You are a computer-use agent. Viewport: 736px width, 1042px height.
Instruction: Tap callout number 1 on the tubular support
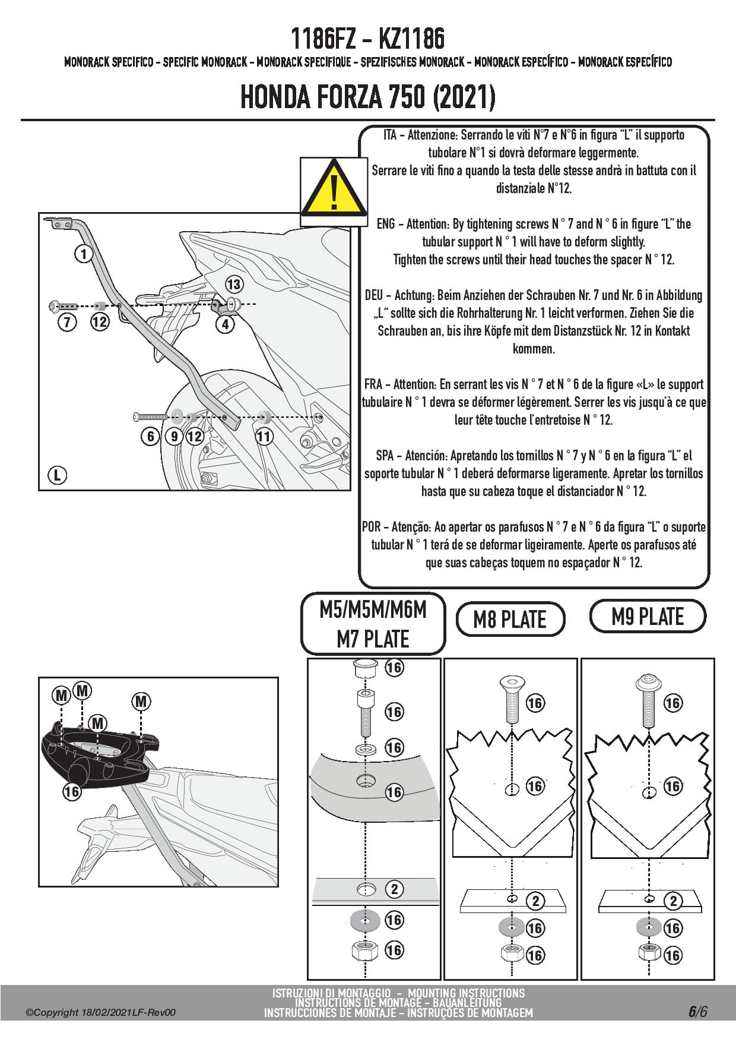pyautogui.click(x=84, y=254)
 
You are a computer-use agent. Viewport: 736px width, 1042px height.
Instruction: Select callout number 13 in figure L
pyautogui.click(x=234, y=285)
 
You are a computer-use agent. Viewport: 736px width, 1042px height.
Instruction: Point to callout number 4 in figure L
pyautogui.click(x=225, y=324)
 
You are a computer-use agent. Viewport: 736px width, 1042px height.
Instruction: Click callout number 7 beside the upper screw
pyautogui.click(x=67, y=323)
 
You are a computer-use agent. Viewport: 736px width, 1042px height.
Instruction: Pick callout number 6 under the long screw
pyautogui.click(x=150, y=437)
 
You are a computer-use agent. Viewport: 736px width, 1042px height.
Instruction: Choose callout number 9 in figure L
pyautogui.click(x=174, y=437)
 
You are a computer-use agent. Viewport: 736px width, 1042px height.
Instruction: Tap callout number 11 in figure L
pyautogui.click(x=264, y=437)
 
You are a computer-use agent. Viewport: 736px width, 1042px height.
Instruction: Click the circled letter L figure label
pyautogui.click(x=57, y=475)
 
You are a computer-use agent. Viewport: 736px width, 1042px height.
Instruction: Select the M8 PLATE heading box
pyautogui.click(x=510, y=620)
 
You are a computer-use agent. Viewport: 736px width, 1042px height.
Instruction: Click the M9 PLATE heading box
pyautogui.click(x=648, y=617)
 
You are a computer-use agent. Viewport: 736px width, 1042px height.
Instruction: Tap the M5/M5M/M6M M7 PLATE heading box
pyautogui.click(x=373, y=624)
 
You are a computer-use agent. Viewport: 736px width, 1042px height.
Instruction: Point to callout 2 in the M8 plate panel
pyautogui.click(x=535, y=901)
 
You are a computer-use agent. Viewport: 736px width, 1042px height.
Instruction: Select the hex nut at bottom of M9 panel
pyautogui.click(x=648, y=952)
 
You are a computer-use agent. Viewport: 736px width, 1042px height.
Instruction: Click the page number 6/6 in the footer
pyautogui.click(x=697, y=1012)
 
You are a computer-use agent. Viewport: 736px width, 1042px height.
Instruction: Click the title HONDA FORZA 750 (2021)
pyautogui.click(x=367, y=97)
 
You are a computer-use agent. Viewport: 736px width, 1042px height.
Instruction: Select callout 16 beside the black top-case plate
pyautogui.click(x=71, y=791)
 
